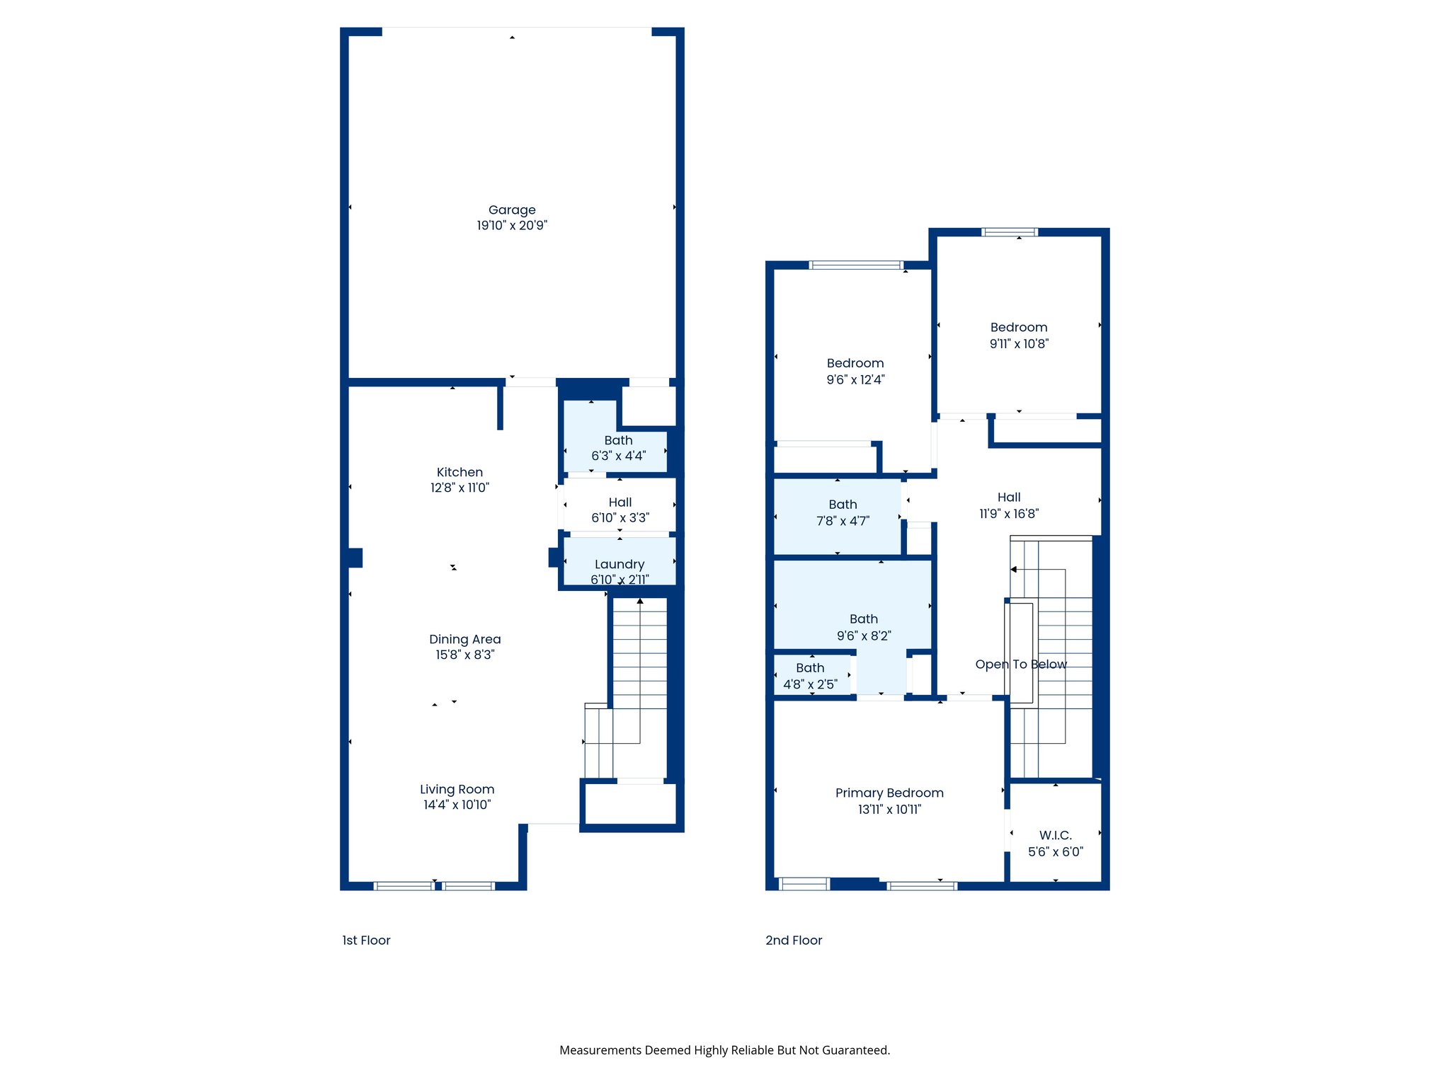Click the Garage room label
coord(512,209)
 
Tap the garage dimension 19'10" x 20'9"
coord(512,226)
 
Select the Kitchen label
coord(459,472)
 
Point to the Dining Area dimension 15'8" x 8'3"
coord(464,655)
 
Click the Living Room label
coord(457,789)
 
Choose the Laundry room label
coord(620,564)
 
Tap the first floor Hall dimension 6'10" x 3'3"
coord(620,518)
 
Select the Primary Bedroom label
coord(889,793)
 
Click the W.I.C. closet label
coord(1055,835)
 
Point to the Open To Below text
coord(1020,665)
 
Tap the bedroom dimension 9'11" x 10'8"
coord(1019,344)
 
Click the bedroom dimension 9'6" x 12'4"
coord(855,380)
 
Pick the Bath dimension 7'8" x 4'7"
coord(843,521)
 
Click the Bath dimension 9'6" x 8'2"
coord(864,635)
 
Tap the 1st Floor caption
coord(366,940)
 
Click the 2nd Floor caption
coord(794,940)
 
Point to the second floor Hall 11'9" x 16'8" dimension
coord(1008,514)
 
